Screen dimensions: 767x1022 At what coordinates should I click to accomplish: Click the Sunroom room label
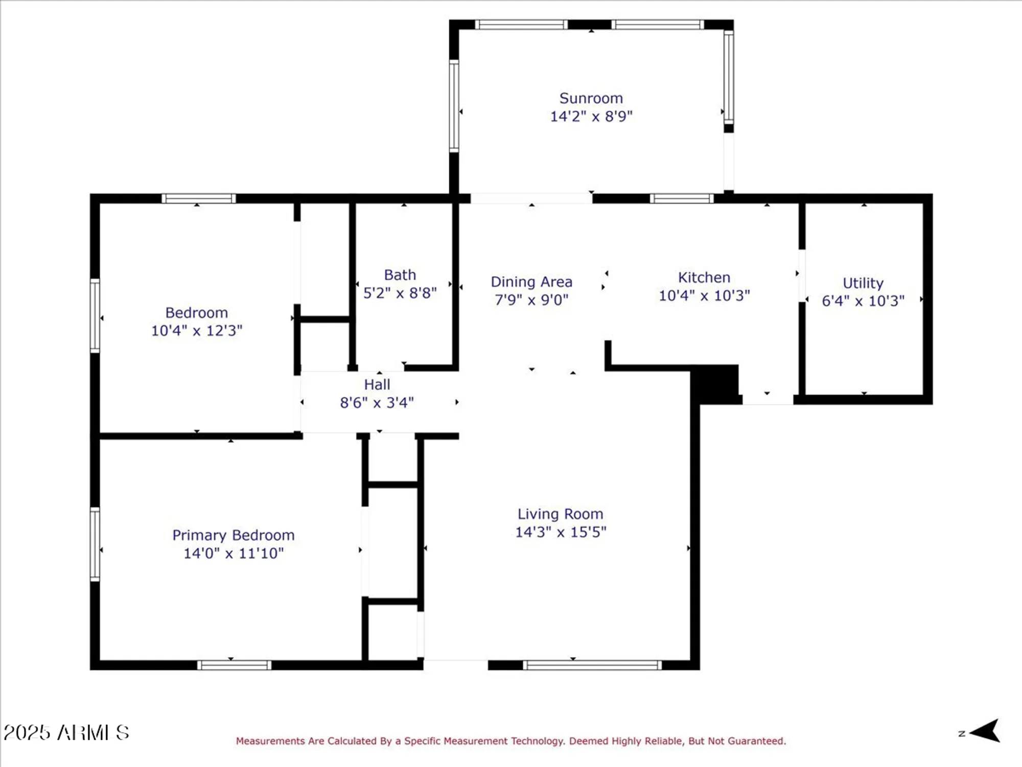591,98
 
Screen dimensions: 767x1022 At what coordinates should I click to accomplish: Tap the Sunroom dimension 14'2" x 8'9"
591,117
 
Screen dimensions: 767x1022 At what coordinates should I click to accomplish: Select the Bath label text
400,275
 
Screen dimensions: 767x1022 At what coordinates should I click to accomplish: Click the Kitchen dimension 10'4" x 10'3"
704,296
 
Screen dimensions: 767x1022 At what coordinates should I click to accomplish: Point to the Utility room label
863,283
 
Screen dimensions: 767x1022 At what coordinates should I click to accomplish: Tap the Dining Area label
531,282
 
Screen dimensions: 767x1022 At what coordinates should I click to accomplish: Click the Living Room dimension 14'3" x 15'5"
561,532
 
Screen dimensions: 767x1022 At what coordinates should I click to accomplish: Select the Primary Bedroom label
233,535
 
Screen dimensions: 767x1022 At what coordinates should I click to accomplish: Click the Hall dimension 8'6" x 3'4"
377,403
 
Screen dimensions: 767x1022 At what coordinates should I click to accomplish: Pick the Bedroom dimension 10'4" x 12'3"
196,331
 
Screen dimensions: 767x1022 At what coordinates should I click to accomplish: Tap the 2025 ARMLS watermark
66,733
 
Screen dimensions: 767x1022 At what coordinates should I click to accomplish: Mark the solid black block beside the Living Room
714,383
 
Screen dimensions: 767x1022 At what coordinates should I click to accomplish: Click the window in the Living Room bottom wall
592,665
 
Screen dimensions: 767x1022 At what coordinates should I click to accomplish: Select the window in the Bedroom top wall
198,198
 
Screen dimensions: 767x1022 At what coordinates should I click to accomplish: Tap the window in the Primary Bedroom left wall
95,544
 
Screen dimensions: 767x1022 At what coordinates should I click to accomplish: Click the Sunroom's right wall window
729,77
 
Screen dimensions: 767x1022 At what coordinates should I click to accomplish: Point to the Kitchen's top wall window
682,198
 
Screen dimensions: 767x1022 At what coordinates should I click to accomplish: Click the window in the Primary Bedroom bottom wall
234,665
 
